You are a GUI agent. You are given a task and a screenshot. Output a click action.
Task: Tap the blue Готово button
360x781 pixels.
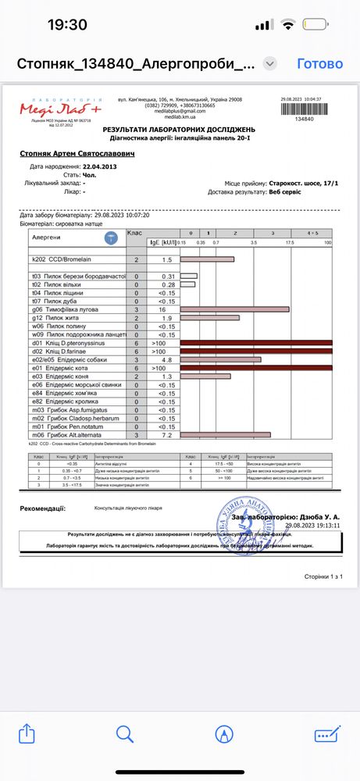pos(320,64)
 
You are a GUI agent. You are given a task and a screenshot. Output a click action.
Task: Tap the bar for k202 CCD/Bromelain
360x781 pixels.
pos(207,259)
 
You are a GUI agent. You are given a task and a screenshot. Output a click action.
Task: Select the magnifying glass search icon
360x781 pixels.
pos(125,734)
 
